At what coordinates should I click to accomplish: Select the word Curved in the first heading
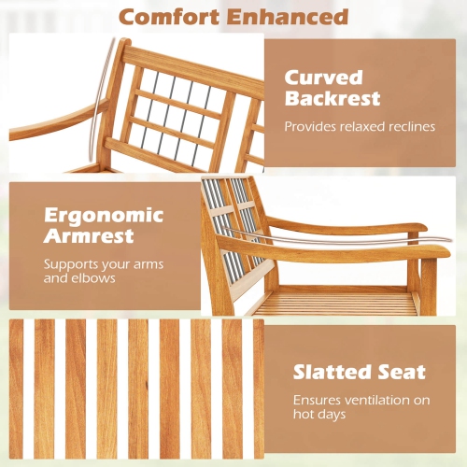click(x=324, y=77)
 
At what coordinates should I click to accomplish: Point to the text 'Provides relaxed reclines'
click(x=360, y=126)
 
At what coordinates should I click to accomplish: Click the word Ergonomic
click(x=104, y=215)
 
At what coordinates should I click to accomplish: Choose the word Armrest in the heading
click(x=89, y=237)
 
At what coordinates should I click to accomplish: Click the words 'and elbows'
click(x=79, y=278)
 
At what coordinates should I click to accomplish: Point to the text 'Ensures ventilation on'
click(x=361, y=399)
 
